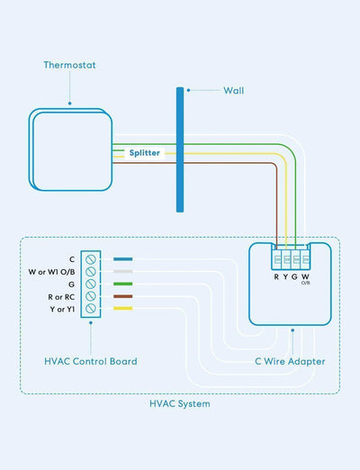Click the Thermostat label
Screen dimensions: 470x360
69,66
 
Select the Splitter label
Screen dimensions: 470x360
144,153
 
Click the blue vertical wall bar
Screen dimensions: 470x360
181,149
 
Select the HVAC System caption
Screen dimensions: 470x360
180,404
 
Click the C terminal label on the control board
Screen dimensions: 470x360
72,258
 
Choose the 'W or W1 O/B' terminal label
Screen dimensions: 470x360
48,271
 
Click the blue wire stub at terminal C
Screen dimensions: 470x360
123,258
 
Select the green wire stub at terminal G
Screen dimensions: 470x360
123,284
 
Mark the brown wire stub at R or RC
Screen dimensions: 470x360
123,296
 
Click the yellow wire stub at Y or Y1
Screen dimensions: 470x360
123,309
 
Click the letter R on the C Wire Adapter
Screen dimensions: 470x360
275,276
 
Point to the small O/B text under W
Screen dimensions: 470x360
306,284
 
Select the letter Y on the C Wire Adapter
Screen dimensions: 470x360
285,276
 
